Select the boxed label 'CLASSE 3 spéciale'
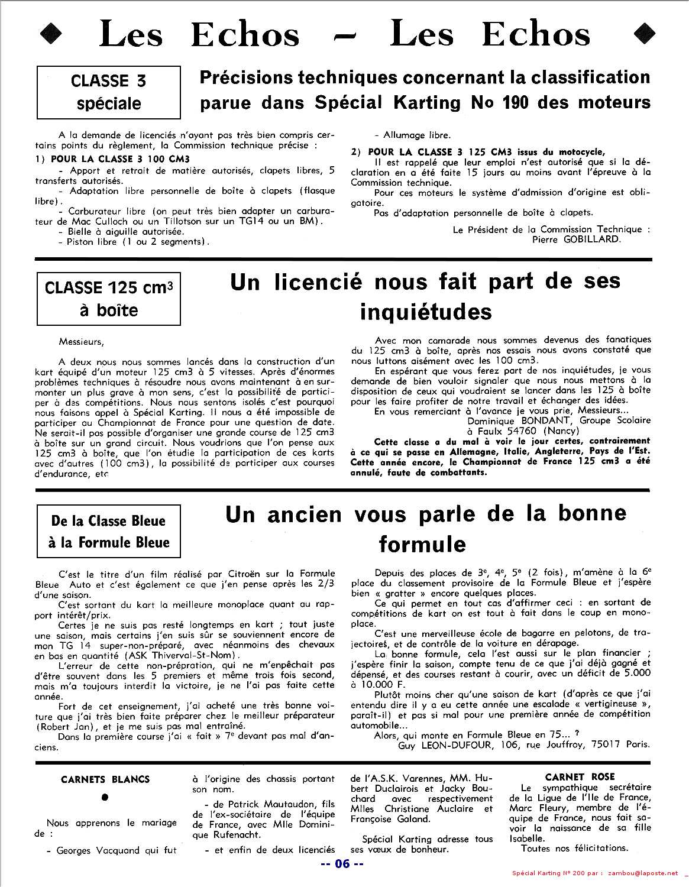pos(108,92)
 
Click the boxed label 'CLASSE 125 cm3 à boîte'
pos(108,298)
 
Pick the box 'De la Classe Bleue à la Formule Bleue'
pos(108,531)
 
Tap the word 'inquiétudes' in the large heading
pos(426,311)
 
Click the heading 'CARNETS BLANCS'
pos(105,779)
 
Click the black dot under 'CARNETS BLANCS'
pos(105,797)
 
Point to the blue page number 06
pos(342,864)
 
